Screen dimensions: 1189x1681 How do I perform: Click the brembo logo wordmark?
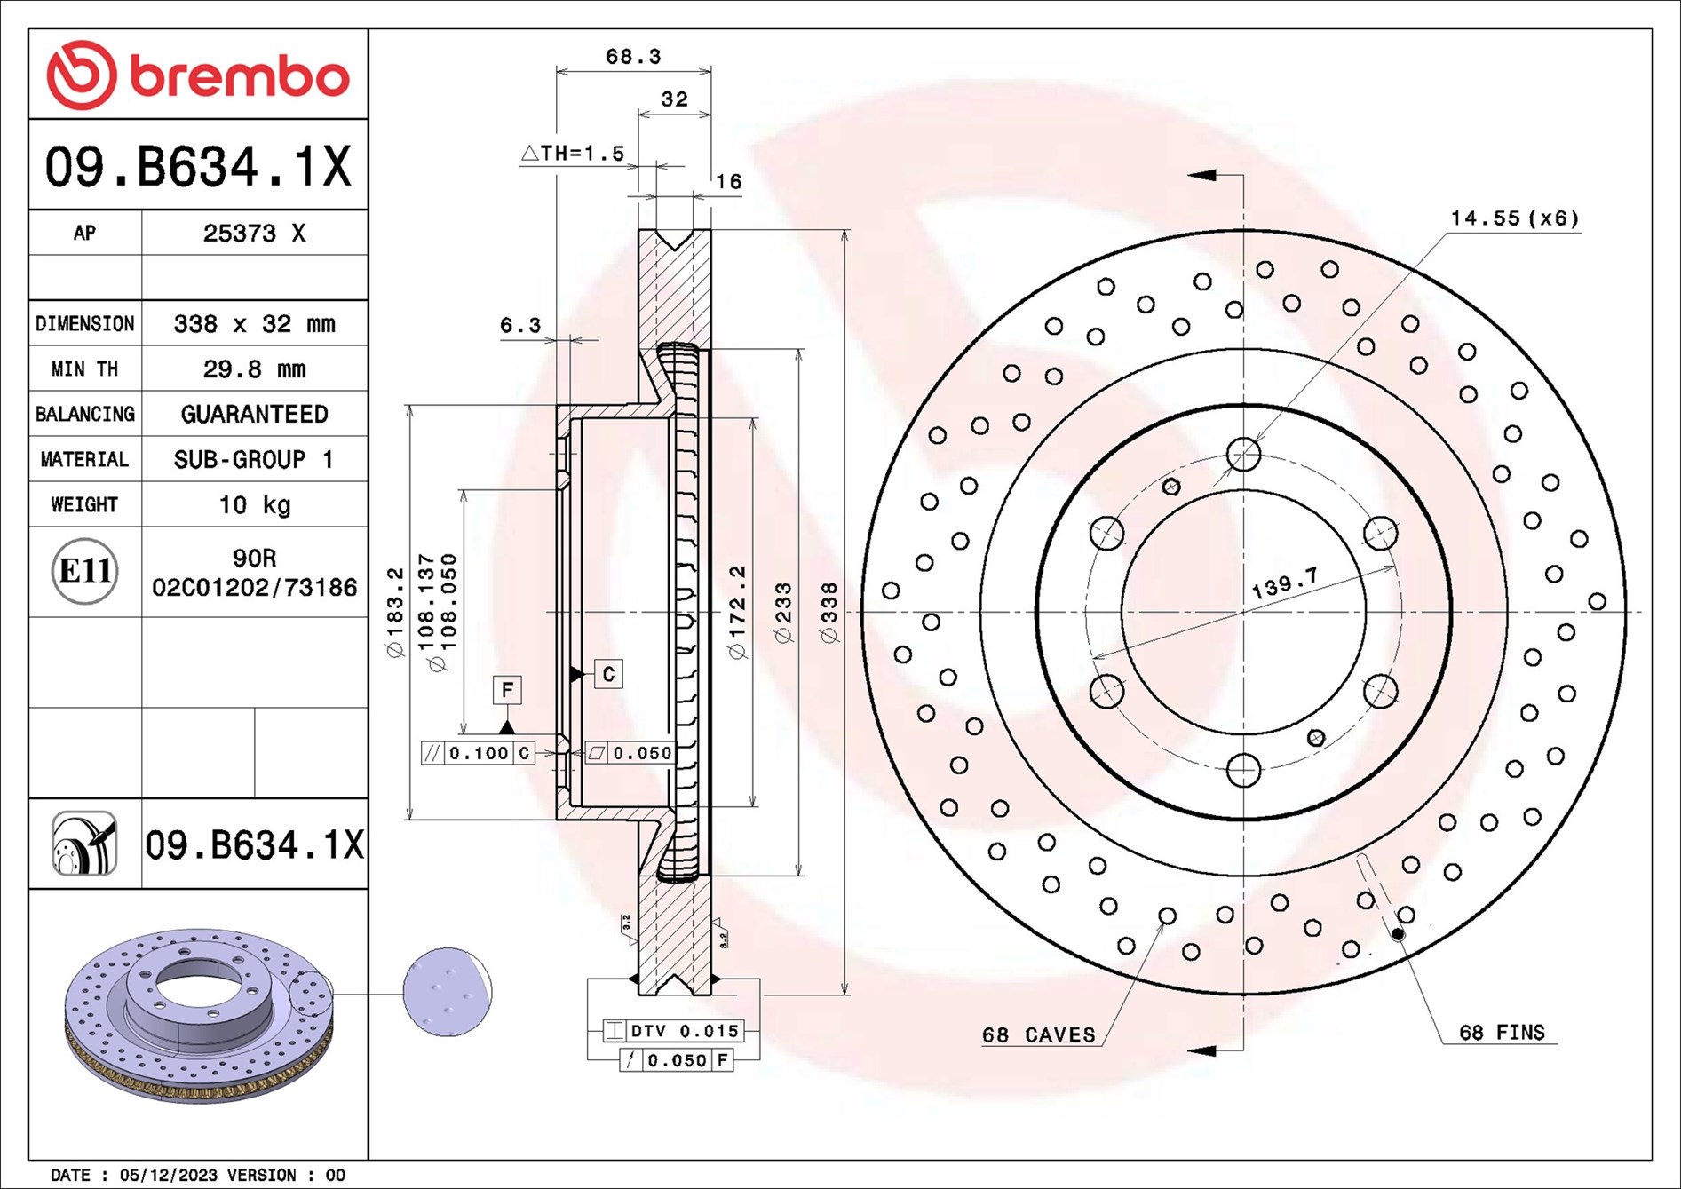(238, 77)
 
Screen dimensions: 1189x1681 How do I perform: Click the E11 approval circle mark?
(84, 570)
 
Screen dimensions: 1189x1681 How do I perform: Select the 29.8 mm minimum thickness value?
(254, 369)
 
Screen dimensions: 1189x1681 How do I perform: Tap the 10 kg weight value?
(254, 504)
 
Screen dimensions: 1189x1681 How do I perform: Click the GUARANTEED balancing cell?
(254, 414)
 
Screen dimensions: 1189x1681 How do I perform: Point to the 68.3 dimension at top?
(632, 57)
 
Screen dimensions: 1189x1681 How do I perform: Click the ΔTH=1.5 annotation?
(573, 154)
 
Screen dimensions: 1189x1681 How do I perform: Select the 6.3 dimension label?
(520, 325)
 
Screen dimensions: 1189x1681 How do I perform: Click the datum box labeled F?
(507, 690)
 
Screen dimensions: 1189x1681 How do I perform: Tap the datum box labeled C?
(608, 674)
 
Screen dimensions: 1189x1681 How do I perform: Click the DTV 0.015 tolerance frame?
(673, 1031)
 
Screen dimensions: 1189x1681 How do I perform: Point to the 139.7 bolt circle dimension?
(1284, 583)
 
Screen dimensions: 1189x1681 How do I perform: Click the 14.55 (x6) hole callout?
(1514, 218)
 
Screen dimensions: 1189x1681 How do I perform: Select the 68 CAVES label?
(1038, 1035)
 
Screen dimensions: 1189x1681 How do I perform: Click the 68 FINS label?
(1502, 1033)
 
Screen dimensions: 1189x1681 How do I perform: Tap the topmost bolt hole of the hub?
(1243, 454)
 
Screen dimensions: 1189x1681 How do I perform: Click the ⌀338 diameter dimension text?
(829, 613)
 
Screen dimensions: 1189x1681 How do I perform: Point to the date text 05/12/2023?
(168, 1175)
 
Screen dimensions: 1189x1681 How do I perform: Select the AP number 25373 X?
(254, 233)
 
